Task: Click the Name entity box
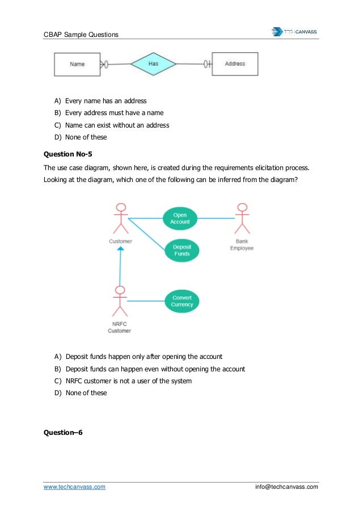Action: [x=77, y=64]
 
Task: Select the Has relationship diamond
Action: [x=153, y=64]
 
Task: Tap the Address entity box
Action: [x=234, y=64]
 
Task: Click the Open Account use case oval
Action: [x=180, y=218]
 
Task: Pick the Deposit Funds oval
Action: [x=182, y=250]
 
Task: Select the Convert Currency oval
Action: [x=182, y=301]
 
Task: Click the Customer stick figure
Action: [x=120, y=219]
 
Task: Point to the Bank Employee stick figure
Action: [x=242, y=219]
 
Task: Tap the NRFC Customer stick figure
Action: [x=119, y=302]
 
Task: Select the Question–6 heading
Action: [x=63, y=433]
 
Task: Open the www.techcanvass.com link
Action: [x=74, y=486]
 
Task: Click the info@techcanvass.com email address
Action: [x=287, y=486]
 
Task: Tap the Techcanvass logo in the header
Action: [x=294, y=32]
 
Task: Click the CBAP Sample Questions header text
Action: [x=81, y=35]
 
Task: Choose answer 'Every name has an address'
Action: [x=106, y=101]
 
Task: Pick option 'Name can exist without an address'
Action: [x=117, y=125]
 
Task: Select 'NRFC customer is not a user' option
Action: [x=128, y=381]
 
